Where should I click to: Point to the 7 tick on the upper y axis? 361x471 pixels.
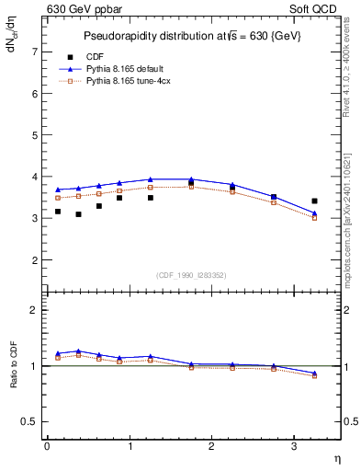(x=36, y=52)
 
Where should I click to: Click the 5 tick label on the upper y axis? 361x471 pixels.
(x=36, y=135)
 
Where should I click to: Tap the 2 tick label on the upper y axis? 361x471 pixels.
(x=36, y=260)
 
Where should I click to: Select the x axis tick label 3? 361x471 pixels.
(x=294, y=446)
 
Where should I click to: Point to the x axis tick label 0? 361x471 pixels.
(x=47, y=446)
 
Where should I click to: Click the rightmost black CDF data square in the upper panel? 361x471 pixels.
(x=314, y=201)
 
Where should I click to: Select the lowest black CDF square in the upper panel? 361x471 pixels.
(x=78, y=214)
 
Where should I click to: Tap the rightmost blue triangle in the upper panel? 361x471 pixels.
(x=314, y=213)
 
